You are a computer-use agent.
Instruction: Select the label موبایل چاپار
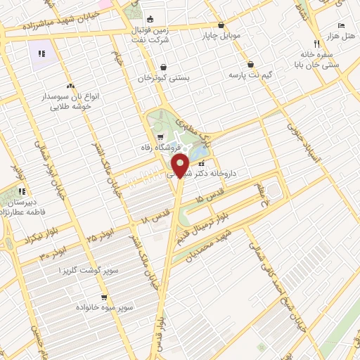pos(221,34)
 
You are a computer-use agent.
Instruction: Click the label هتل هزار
pos(338,34)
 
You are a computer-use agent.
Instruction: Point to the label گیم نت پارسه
pos(250,75)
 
